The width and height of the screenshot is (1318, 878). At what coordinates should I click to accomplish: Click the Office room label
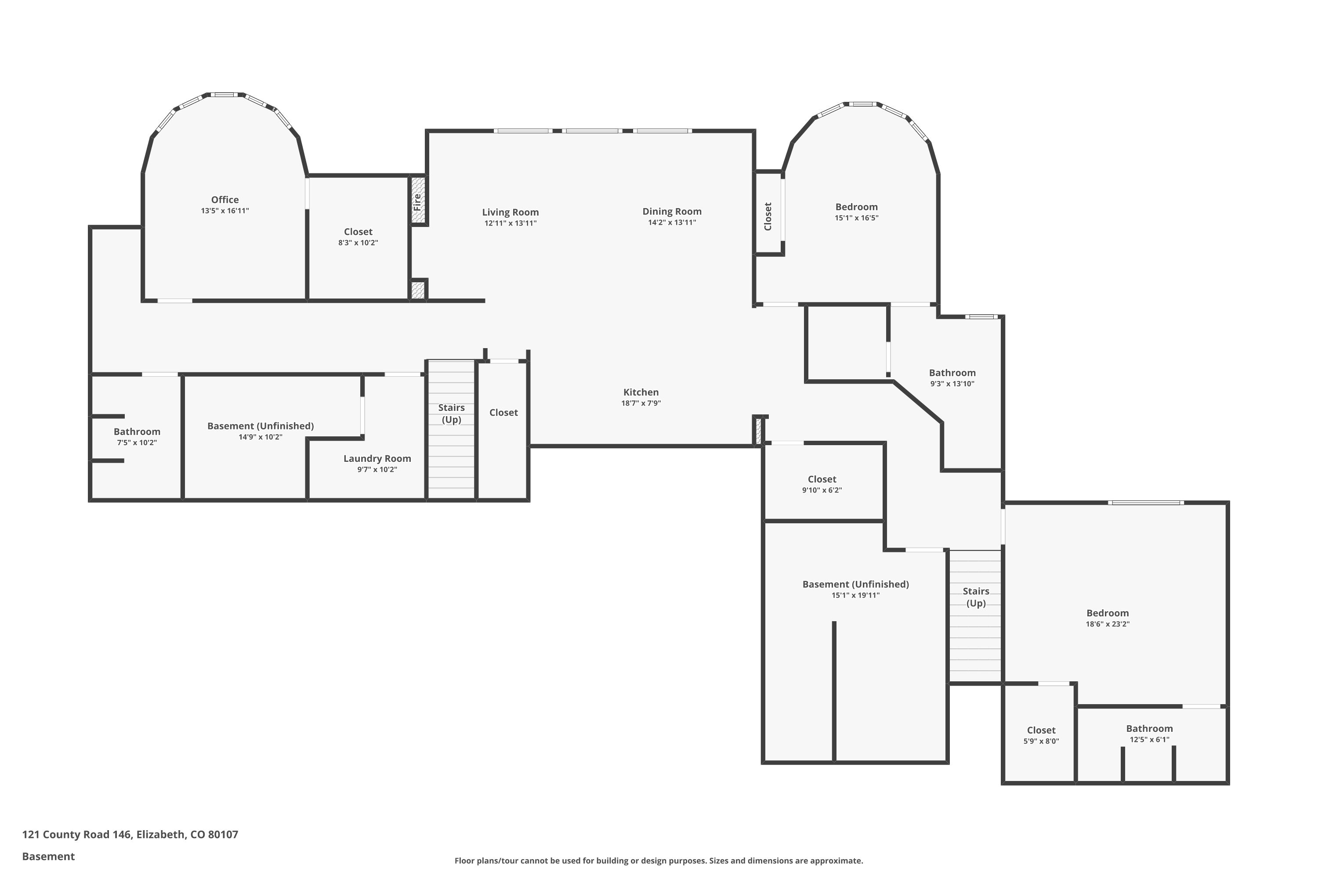click(x=224, y=200)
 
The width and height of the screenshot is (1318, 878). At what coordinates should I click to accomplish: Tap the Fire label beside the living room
click(x=417, y=202)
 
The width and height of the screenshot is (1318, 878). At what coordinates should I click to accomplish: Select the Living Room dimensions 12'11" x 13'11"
click(x=510, y=223)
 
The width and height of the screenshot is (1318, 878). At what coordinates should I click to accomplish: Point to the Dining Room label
click(x=671, y=211)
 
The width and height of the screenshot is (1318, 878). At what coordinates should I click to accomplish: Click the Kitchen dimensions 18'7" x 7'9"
click(x=641, y=403)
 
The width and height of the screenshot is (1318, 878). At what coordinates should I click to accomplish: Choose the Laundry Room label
click(x=377, y=459)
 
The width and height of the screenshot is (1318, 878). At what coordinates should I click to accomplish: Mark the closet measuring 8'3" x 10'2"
click(x=358, y=237)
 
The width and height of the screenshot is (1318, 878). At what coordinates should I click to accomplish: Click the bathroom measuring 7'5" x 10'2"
click(x=137, y=437)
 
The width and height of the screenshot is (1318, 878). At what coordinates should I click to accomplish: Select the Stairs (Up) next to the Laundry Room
click(x=451, y=413)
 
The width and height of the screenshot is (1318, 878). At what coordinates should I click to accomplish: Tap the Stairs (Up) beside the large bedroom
click(x=976, y=597)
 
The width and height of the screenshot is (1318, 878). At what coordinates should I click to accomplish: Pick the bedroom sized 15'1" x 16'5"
click(x=856, y=212)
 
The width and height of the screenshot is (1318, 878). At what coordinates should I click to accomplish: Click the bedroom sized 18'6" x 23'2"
click(x=1107, y=618)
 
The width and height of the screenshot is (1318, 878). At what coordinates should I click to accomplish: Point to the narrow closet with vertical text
click(x=768, y=216)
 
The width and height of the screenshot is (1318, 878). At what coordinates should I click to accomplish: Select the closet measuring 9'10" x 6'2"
click(x=822, y=484)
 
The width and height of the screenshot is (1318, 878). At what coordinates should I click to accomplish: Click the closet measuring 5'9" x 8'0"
click(x=1041, y=735)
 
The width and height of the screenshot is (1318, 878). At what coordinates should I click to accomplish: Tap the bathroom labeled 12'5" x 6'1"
click(x=1149, y=734)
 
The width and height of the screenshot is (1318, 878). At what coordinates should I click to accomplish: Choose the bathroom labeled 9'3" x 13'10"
click(x=952, y=378)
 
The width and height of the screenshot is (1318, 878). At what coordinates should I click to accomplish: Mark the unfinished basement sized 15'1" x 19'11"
click(x=855, y=589)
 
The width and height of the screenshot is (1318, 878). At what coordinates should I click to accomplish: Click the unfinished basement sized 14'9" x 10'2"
click(x=260, y=431)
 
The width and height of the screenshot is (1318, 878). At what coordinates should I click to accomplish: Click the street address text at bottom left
click(x=130, y=835)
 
